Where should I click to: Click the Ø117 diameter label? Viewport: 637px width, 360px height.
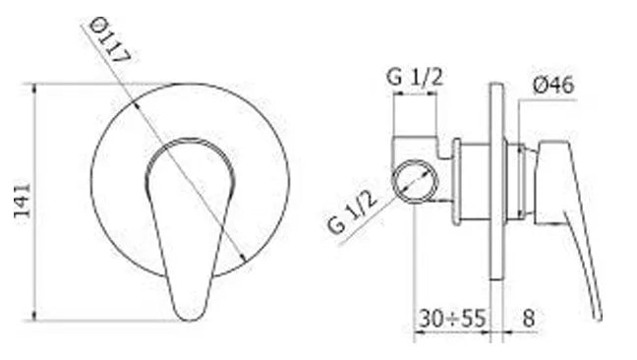pyautogui.click(x=109, y=40)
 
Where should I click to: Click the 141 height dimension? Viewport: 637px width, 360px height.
pyautogui.click(x=23, y=202)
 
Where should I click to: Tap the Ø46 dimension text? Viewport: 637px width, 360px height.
pyautogui.click(x=552, y=86)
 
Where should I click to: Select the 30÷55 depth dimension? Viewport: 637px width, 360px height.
pyautogui.click(x=452, y=318)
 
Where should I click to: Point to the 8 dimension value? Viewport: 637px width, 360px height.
pyautogui.click(x=528, y=318)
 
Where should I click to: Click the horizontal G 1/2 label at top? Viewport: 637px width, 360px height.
pyautogui.click(x=415, y=77)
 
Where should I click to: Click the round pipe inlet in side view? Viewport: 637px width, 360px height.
pyautogui.click(x=415, y=182)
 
